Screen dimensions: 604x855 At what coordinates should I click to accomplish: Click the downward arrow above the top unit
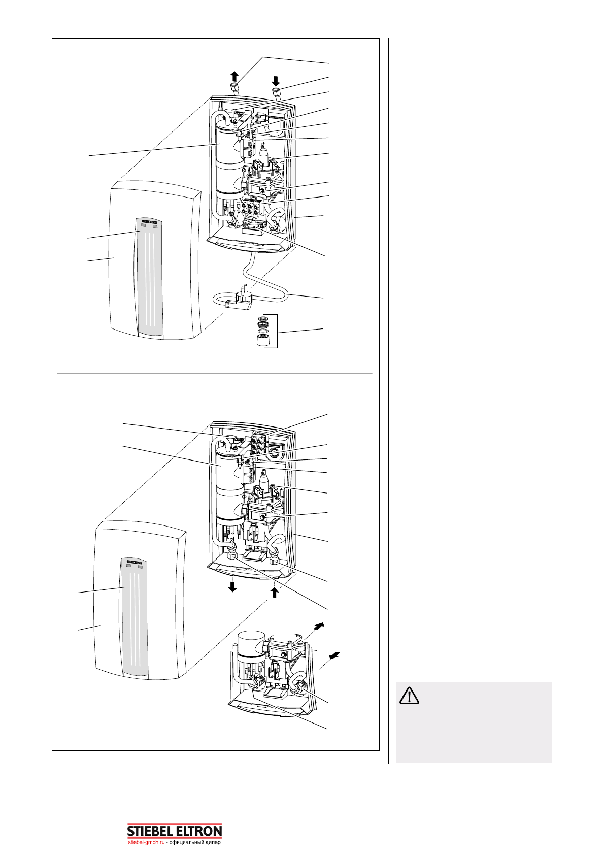click(x=276, y=80)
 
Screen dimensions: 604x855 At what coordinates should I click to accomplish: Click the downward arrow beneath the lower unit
click(x=232, y=587)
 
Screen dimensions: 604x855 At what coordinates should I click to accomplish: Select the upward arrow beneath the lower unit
click(x=275, y=592)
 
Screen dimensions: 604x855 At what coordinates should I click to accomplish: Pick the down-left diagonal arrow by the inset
click(x=333, y=657)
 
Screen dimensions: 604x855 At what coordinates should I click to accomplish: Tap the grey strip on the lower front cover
click(x=135, y=624)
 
